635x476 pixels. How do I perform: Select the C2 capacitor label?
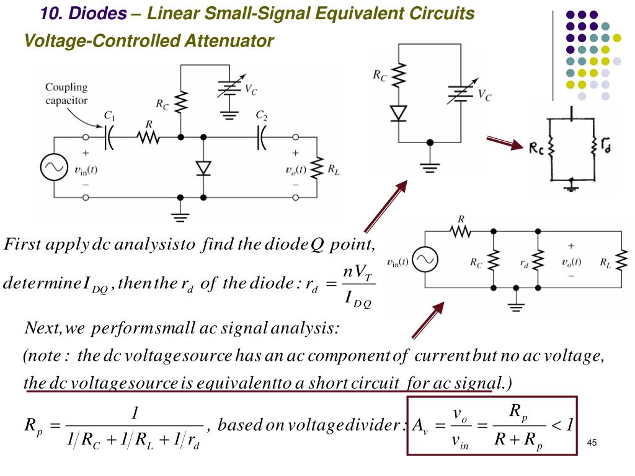[x=262, y=115]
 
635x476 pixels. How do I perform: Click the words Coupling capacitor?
[x=66, y=94]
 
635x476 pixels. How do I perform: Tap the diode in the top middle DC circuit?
[x=398, y=112]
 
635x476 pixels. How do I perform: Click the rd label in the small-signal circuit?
[x=524, y=263]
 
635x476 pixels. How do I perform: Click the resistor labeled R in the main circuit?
[x=148, y=136]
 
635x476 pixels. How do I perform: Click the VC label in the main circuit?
[x=251, y=90]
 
